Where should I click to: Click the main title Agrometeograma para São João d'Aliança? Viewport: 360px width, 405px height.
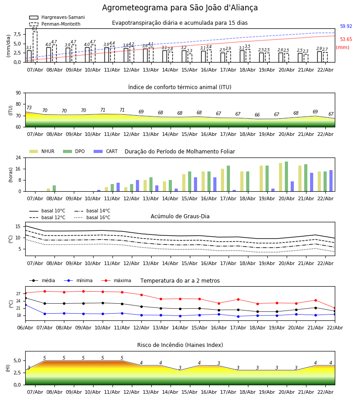pyautogui.click(x=180, y=8)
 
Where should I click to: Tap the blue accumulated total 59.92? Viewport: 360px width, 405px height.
pyautogui.click(x=346, y=27)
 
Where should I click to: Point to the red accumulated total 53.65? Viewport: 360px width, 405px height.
pyautogui.click(x=346, y=40)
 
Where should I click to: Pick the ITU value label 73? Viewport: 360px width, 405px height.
pyautogui.click(x=29, y=108)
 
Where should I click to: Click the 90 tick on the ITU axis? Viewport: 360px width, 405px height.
pyautogui.click(x=18, y=93)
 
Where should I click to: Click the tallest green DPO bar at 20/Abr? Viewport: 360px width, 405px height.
pyautogui.click(x=286, y=176)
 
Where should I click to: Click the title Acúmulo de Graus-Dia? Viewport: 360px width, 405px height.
pyautogui.click(x=180, y=216)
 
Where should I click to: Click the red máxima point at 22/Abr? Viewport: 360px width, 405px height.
pyautogui.click(x=334, y=308)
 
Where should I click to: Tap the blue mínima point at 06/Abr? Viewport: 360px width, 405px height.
pyautogui.click(x=25, y=305)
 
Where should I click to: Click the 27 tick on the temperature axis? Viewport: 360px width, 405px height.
pyautogui.click(x=18, y=294)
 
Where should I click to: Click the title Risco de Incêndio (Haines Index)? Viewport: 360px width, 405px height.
pyautogui.click(x=180, y=345)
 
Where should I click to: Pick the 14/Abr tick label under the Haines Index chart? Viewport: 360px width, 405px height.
pyautogui.click(x=170, y=392)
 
